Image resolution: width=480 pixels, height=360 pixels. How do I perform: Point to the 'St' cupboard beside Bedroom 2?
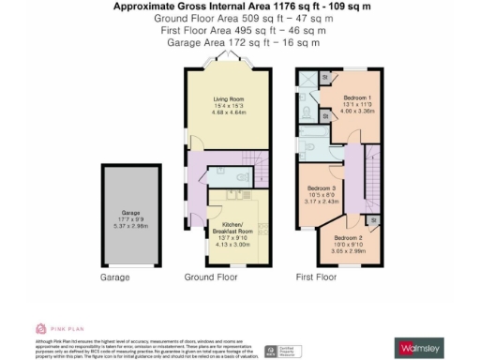tap(373, 220)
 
